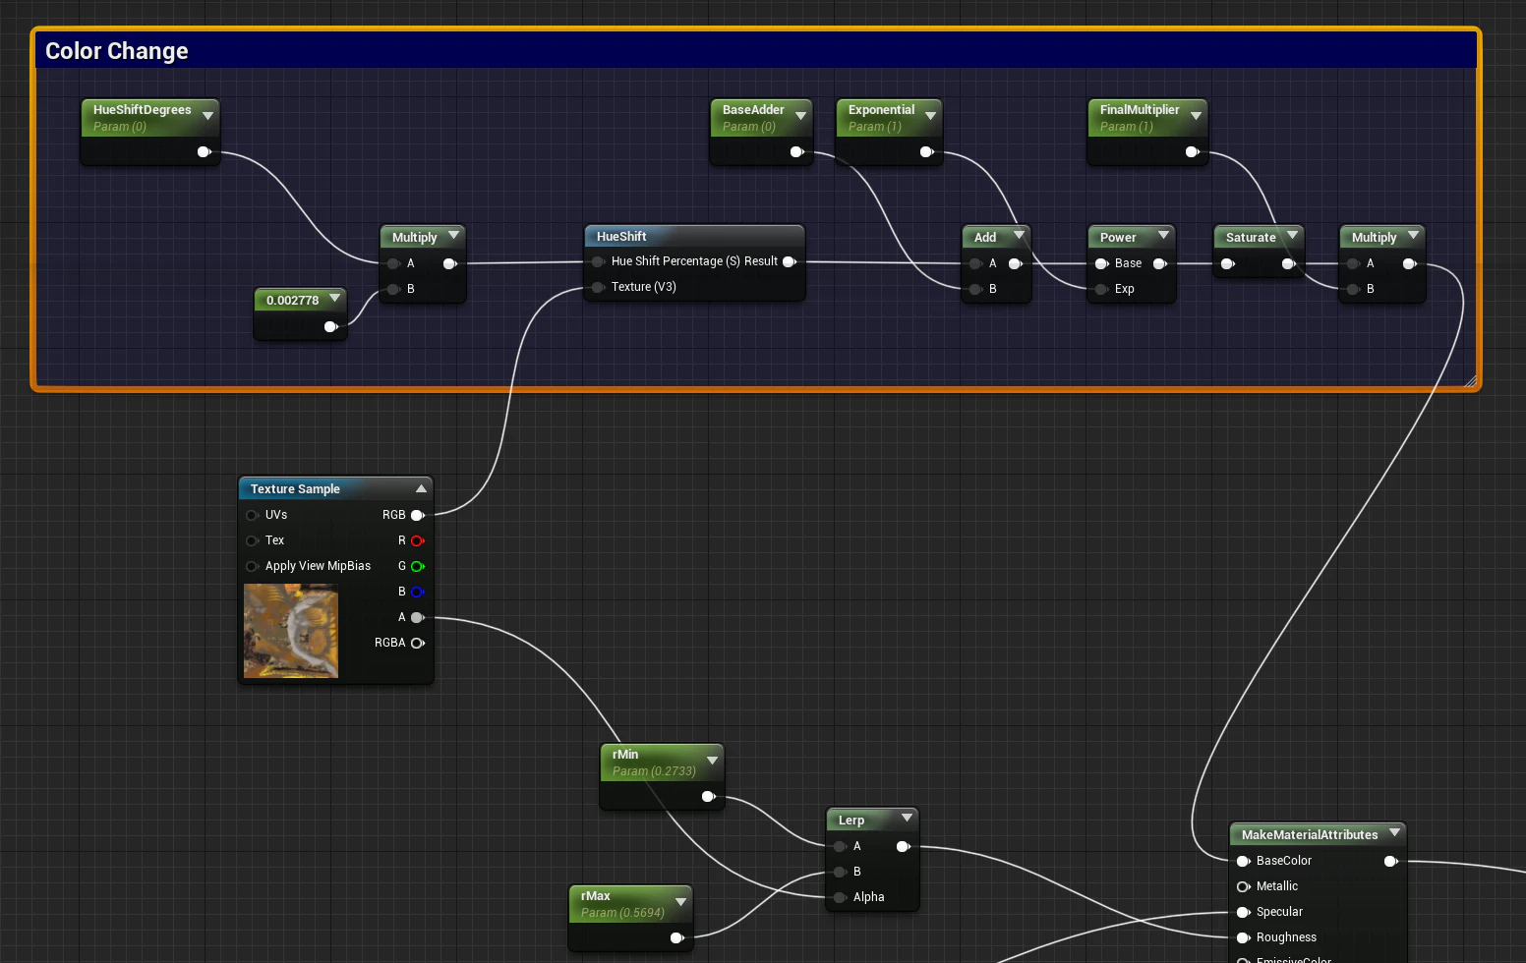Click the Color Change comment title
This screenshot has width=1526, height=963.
[x=116, y=51]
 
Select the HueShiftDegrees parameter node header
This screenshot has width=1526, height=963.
[x=149, y=117]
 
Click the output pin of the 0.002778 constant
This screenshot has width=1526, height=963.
[x=331, y=327]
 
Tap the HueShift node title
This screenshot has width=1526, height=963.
[x=621, y=236]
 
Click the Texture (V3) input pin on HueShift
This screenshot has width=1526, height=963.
[x=598, y=287]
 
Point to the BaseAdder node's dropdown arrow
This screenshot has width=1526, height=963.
[x=800, y=116]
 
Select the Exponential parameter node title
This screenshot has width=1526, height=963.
[x=881, y=110]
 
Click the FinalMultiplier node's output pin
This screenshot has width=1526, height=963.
[x=1192, y=152]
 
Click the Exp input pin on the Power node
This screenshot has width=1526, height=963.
[x=1101, y=290]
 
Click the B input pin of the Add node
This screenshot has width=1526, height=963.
[x=975, y=290]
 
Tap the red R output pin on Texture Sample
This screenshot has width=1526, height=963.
[x=418, y=540]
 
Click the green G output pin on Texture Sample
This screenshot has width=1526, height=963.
[x=418, y=566]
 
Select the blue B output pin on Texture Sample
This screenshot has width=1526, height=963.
[x=418, y=592]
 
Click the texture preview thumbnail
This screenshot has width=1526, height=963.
[x=291, y=631]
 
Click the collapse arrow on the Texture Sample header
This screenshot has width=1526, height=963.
[x=421, y=488]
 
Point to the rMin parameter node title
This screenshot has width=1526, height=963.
[x=625, y=754]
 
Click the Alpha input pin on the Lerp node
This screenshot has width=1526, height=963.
[x=840, y=897]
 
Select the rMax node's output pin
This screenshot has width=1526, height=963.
[x=676, y=937]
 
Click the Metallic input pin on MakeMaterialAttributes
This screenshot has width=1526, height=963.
[x=1243, y=886]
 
